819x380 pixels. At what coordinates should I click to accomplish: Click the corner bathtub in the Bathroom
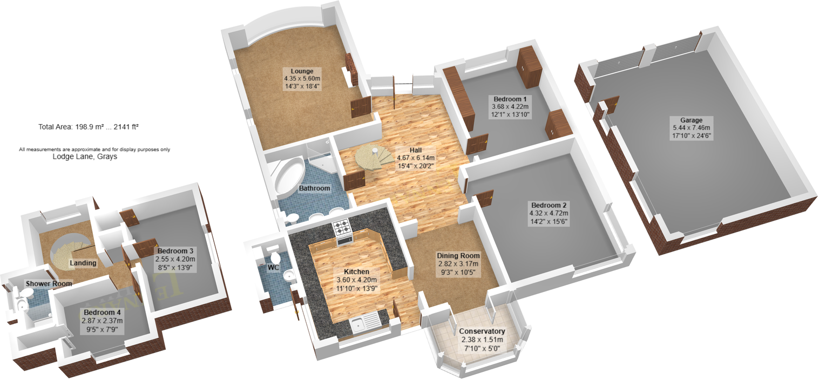point(288,178)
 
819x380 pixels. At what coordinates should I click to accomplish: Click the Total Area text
point(89,127)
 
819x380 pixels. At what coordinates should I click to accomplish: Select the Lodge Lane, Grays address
point(85,158)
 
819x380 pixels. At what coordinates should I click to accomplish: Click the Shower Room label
point(49,283)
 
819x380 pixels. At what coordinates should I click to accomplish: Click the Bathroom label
point(314,188)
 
